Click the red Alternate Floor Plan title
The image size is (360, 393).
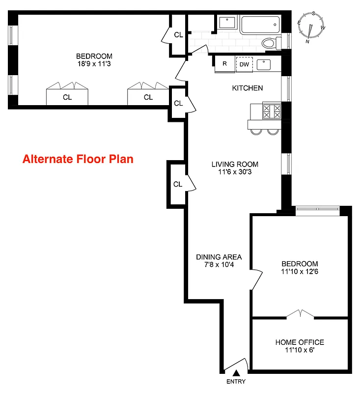pyautogui.click(x=78, y=159)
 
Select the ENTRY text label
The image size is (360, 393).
pyautogui.click(x=236, y=382)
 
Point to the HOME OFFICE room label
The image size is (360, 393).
pyautogui.click(x=300, y=342)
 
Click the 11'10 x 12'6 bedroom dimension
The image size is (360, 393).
pyautogui.click(x=300, y=271)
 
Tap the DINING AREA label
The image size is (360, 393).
pyautogui.click(x=219, y=257)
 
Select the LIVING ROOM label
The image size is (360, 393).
pyautogui.click(x=235, y=165)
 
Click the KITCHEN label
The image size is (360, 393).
pyautogui.click(x=248, y=88)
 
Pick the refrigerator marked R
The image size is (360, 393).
pyautogui.click(x=225, y=64)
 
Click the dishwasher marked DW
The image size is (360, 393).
pyautogui.click(x=244, y=64)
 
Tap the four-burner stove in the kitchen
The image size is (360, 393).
pyautogui.click(x=272, y=111)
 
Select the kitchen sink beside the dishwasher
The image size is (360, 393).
pyautogui.click(x=264, y=63)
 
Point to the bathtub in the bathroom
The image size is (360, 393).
pyautogui.click(x=260, y=25)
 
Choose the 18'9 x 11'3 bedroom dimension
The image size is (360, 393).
pyautogui.click(x=93, y=63)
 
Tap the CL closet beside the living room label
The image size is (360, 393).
pyautogui.click(x=178, y=184)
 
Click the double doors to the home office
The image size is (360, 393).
pyautogui.click(x=300, y=313)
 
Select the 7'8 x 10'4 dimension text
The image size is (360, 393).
pyautogui.click(x=219, y=265)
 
